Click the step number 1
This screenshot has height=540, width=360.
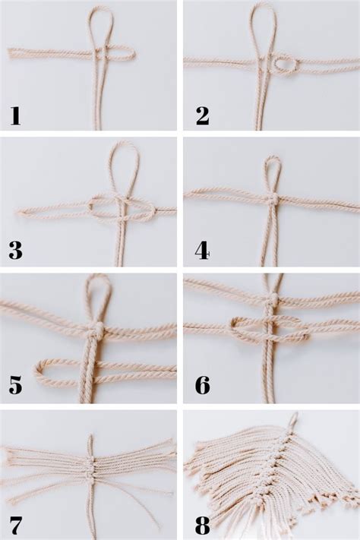tap(14, 115)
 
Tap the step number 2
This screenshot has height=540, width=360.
tap(201, 115)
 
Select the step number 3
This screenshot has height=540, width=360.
tap(15, 250)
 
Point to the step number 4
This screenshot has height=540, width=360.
tap(201, 250)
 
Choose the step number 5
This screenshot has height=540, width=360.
tap(15, 385)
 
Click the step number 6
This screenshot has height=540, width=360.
tap(202, 385)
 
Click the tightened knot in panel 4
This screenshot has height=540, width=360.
tap(271, 199)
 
